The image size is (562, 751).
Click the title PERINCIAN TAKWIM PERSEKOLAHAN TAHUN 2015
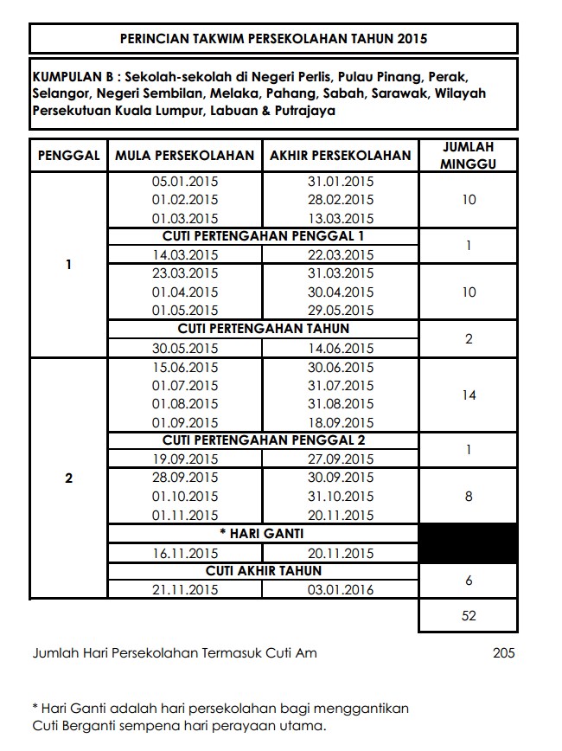tap(273, 39)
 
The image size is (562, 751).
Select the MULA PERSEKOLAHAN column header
tap(185, 156)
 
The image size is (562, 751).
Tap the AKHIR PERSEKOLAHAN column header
tap(340, 156)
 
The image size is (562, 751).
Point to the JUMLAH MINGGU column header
tap(468, 156)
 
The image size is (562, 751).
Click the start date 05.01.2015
tap(185, 182)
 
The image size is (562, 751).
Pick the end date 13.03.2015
tap(340, 219)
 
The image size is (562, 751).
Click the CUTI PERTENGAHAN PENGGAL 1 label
tap(263, 236)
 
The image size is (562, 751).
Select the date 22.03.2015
tap(340, 255)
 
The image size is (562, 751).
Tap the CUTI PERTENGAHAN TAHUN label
tap(263, 329)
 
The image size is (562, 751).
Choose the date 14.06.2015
tap(340, 348)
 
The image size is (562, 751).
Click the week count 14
tap(468, 395)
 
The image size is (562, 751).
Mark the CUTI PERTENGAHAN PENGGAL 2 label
tap(263, 440)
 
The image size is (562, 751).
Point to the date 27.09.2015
tap(340, 459)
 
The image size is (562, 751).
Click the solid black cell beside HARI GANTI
tap(468, 543)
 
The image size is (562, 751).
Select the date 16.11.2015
tap(185, 554)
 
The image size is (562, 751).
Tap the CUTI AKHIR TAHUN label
tap(263, 571)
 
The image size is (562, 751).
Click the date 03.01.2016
tap(340, 590)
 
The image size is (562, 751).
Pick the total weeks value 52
tap(468, 616)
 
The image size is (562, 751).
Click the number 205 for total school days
tap(503, 653)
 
